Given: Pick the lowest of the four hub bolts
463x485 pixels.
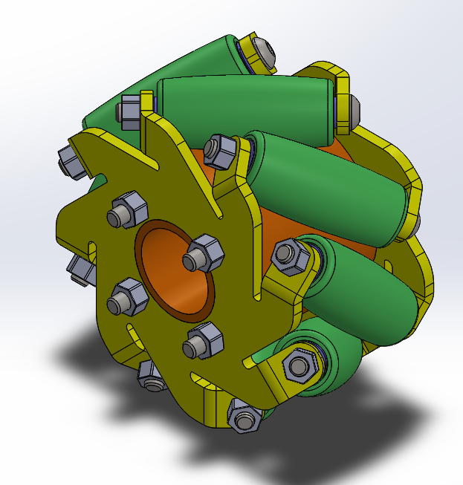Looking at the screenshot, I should coord(203,342).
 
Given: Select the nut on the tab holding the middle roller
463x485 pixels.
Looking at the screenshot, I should coord(220,149).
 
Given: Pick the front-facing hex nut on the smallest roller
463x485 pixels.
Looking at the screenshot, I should coord(299,365).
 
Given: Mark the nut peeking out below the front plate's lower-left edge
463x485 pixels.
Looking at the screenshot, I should coord(152,376).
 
